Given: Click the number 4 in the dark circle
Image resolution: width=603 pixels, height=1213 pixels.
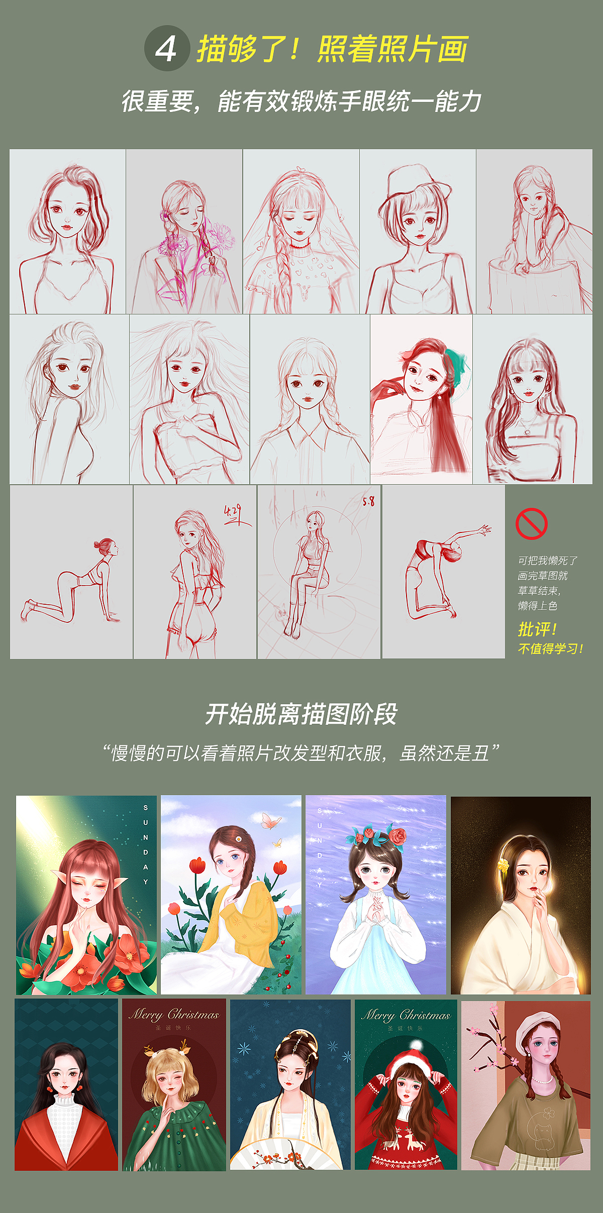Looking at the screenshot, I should (166, 49).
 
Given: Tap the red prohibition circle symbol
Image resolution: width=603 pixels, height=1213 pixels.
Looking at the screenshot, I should (531, 523).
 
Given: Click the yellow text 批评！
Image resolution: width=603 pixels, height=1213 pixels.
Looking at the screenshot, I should (537, 629).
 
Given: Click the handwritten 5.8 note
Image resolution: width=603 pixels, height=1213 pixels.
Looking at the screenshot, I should (368, 501).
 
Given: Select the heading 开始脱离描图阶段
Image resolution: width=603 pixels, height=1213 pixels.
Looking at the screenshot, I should (301, 714).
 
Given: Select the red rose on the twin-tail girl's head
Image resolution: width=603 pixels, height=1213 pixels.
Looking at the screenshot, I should (397, 836).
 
